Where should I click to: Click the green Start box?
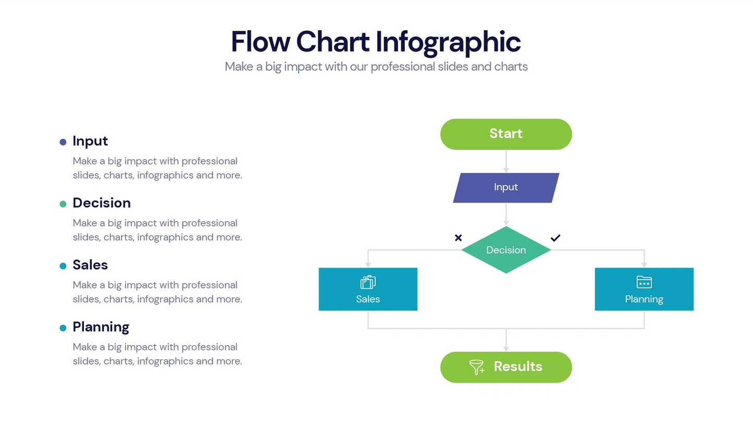pyautogui.click(x=505, y=134)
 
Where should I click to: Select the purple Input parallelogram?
pyautogui.click(x=505, y=188)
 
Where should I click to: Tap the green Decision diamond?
pyautogui.click(x=505, y=250)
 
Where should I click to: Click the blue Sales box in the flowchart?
pyautogui.click(x=368, y=290)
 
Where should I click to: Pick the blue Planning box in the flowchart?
pyautogui.click(x=644, y=290)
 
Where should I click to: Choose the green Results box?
pyautogui.click(x=505, y=367)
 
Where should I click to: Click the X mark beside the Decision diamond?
pyautogui.click(x=458, y=238)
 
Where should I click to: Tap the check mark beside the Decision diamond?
pyautogui.click(x=556, y=238)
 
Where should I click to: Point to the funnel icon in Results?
pyautogui.click(x=476, y=367)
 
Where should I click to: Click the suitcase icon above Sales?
pyautogui.click(x=368, y=282)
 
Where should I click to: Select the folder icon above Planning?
pyautogui.click(x=644, y=282)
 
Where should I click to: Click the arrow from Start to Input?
pyautogui.click(x=505, y=161)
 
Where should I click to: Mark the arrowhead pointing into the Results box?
pyautogui.click(x=505, y=348)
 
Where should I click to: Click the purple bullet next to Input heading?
pyautogui.click(x=63, y=142)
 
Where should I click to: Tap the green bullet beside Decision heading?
pyautogui.click(x=63, y=204)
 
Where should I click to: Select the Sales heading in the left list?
pyautogui.click(x=90, y=265)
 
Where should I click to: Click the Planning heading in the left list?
pyautogui.click(x=101, y=327)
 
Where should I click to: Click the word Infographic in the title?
pyautogui.click(x=448, y=42)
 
